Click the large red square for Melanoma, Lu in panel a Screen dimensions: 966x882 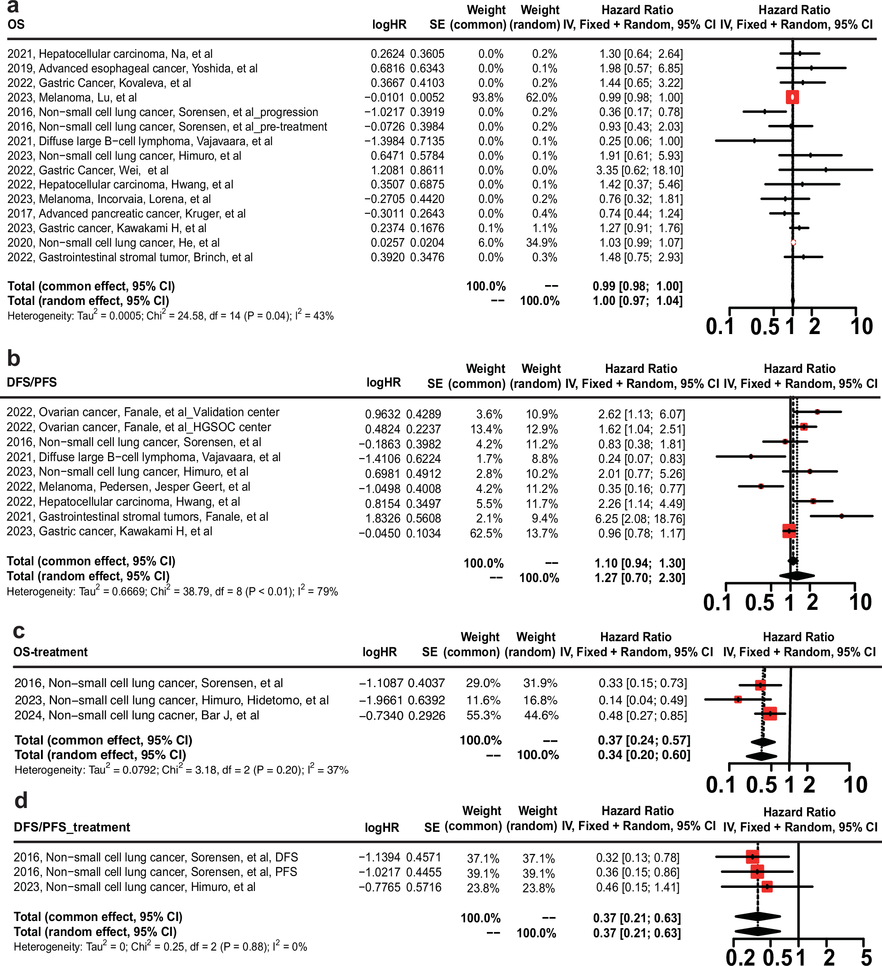792,97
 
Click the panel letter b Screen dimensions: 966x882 13,359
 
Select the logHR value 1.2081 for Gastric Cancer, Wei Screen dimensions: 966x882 387,170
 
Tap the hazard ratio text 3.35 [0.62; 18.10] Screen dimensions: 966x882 639,170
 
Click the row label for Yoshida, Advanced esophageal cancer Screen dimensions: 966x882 132,68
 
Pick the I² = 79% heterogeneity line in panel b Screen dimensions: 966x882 172,591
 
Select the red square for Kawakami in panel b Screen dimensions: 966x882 789,531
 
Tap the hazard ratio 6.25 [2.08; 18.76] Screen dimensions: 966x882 641,519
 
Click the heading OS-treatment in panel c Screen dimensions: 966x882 50,652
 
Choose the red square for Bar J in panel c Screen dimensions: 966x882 770,714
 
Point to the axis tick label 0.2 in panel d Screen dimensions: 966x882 740,956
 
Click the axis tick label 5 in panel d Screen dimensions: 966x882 866,956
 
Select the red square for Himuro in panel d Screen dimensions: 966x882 767,887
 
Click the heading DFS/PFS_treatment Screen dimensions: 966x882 72,827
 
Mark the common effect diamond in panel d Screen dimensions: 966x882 758,917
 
